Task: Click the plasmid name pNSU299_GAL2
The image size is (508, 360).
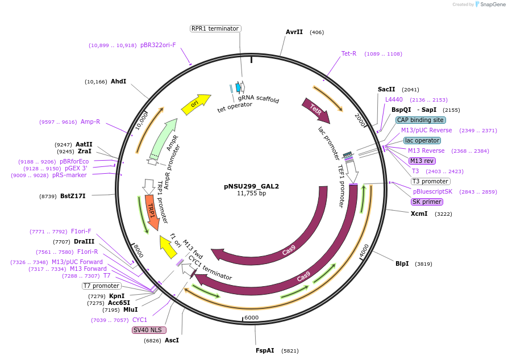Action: [x=251, y=186]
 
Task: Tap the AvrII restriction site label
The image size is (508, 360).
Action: [x=294, y=32]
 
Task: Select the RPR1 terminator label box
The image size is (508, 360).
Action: [x=215, y=28]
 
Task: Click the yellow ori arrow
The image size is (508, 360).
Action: [x=195, y=104]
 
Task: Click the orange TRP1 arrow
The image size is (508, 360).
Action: [x=151, y=211]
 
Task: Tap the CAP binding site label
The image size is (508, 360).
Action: [x=420, y=120]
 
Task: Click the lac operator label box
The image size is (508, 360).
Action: [x=422, y=140]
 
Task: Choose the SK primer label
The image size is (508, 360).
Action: [x=427, y=202]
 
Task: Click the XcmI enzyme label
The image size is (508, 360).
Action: [x=419, y=214]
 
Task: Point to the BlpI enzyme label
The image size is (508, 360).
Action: [x=402, y=263]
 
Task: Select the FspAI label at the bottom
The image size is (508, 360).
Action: [x=265, y=350]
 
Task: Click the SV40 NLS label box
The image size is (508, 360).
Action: [x=148, y=330]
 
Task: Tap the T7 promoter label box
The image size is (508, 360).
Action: [x=102, y=286]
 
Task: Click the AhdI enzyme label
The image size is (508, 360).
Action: [x=118, y=81]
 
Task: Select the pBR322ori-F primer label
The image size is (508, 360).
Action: [x=158, y=45]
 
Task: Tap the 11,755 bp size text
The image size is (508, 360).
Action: [x=251, y=194]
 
